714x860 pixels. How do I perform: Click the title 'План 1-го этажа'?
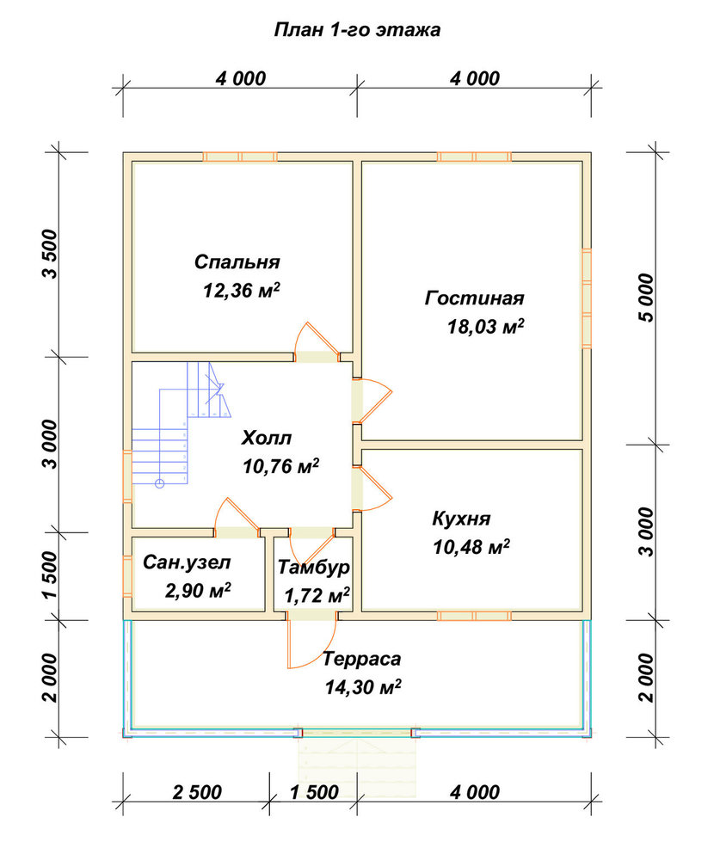(x=357, y=29)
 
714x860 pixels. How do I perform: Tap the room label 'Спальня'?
(x=237, y=261)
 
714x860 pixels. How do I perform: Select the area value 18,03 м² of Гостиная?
(x=486, y=327)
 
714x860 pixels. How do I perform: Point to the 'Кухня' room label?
(x=461, y=519)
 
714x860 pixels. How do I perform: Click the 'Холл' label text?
(x=266, y=438)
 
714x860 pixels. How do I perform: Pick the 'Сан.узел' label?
(x=187, y=562)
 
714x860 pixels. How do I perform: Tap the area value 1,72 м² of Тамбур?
(x=317, y=595)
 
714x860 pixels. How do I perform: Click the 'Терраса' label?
(x=361, y=659)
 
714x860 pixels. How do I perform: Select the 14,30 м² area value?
(x=363, y=686)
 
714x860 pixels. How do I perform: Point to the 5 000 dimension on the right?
(x=648, y=298)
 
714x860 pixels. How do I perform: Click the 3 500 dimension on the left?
(x=49, y=254)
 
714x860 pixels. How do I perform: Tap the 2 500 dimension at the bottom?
(x=197, y=792)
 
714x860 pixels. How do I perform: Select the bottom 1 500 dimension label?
(x=314, y=792)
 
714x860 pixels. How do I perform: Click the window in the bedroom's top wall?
(x=240, y=157)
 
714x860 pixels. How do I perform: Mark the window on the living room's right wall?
(x=587, y=298)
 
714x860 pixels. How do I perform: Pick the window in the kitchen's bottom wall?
(x=474, y=616)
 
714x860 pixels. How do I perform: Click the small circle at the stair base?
(x=160, y=483)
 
